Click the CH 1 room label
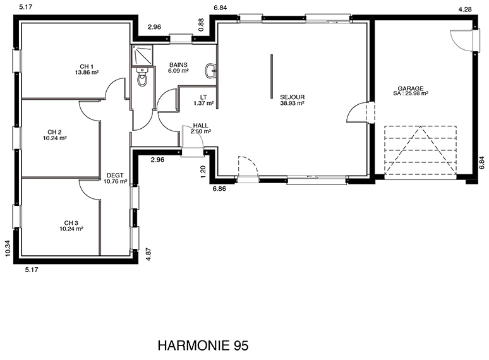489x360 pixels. pos(87,66)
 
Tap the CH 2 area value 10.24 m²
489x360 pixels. pos(54,138)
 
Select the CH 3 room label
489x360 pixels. pos(71,223)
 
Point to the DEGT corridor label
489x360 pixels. pos(115,176)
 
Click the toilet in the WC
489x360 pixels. pos(142,76)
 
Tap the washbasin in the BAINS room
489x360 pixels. pos(211,71)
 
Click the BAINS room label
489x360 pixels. pos(178,65)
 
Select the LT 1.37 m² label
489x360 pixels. pos(203,100)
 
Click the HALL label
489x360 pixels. pos(200,125)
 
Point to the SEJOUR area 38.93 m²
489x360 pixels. pos(293,103)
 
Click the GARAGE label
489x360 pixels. pos(411,88)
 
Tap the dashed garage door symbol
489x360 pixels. pos(420,150)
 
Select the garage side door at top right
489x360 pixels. pos(464,40)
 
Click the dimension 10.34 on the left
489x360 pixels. pos(8,248)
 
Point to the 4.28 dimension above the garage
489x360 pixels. pos(464,9)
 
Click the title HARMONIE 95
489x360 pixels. pos(203,345)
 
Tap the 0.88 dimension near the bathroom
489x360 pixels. pos(201,25)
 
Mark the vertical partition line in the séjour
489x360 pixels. pos(272,76)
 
